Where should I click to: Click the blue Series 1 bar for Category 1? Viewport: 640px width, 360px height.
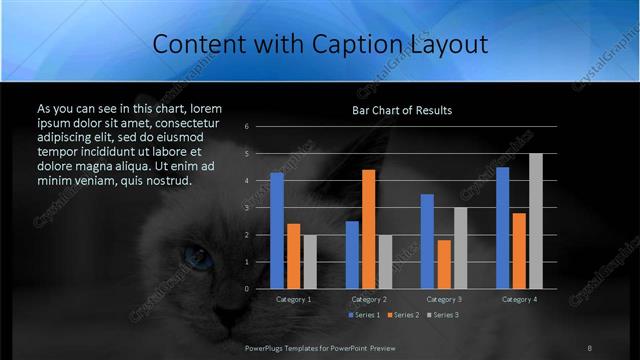(x=277, y=230)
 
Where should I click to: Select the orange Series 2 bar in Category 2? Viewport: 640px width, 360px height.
(x=369, y=229)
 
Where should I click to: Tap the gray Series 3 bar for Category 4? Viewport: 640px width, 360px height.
(x=536, y=221)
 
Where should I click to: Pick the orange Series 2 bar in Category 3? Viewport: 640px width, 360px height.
(x=444, y=264)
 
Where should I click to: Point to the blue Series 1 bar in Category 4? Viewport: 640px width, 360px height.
(x=503, y=228)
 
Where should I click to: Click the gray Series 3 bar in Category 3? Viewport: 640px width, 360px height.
(x=460, y=248)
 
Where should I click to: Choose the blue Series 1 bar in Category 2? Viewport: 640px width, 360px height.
(x=352, y=255)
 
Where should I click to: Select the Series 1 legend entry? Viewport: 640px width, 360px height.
(x=363, y=315)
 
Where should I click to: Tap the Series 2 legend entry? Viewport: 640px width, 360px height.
(x=402, y=315)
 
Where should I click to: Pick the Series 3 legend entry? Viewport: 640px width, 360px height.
(x=441, y=315)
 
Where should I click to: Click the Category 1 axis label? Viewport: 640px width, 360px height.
(x=294, y=299)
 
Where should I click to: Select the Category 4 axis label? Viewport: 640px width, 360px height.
(x=519, y=299)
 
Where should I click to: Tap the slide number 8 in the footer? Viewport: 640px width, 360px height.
(x=589, y=347)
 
